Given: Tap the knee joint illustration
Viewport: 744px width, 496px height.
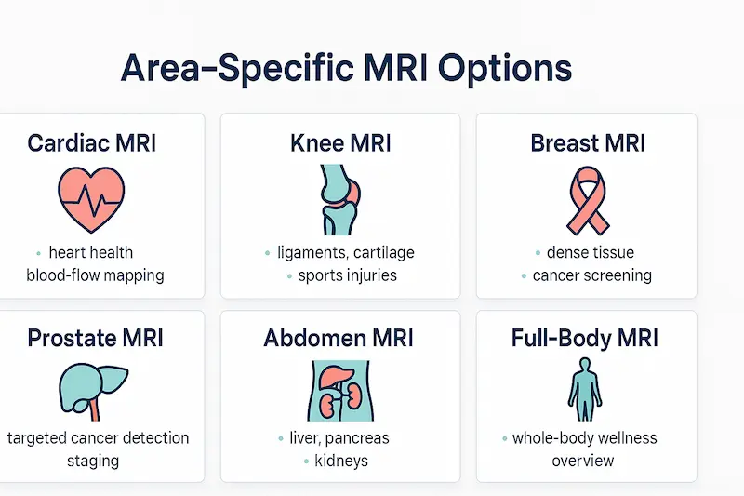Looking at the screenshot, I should click(x=339, y=199).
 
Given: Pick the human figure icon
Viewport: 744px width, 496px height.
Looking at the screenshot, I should click(x=584, y=390).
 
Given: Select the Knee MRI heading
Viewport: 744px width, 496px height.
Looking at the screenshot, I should click(x=340, y=143).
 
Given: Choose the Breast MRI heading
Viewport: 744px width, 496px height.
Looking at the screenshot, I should click(x=588, y=143).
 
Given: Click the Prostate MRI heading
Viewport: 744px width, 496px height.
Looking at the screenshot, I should click(x=95, y=337).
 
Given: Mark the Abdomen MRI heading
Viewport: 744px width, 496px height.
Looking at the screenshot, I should click(x=339, y=337).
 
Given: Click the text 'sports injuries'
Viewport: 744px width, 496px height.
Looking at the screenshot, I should click(x=347, y=275).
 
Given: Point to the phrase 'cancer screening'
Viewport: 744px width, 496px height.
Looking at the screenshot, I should click(x=591, y=275).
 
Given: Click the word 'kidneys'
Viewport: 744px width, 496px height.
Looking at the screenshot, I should click(x=340, y=461).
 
